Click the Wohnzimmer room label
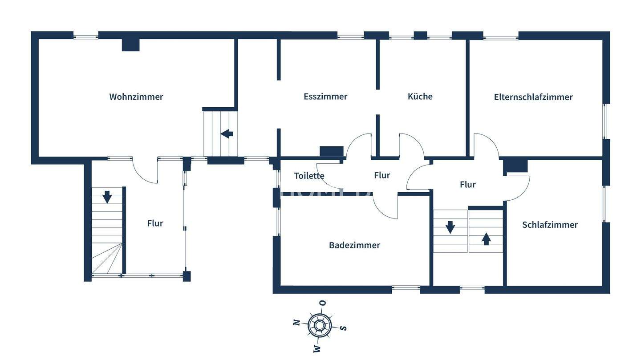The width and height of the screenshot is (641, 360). pyautogui.click(x=136, y=97)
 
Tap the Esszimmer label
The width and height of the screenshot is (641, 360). pyautogui.click(x=325, y=96)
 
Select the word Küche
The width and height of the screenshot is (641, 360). pyautogui.click(x=420, y=96)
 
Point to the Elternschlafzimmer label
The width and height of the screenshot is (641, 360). pyautogui.click(x=533, y=97)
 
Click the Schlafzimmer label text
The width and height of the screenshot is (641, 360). pyautogui.click(x=550, y=225)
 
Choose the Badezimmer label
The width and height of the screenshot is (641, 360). pyautogui.click(x=354, y=245)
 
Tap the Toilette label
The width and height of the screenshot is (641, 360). pyautogui.click(x=309, y=176)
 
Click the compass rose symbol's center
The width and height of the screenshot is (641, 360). pyautogui.click(x=320, y=325)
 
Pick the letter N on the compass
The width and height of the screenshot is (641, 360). pyautogui.click(x=296, y=322)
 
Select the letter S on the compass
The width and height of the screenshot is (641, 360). pyautogui.click(x=343, y=328)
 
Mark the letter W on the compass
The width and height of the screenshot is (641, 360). pyautogui.click(x=316, y=348)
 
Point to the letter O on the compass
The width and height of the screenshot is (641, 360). pyautogui.click(x=323, y=303)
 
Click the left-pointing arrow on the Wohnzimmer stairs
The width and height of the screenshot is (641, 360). pyautogui.click(x=227, y=133)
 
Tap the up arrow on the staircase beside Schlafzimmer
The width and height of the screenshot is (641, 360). pyautogui.click(x=486, y=239)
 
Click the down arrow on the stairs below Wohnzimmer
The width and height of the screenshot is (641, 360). pyautogui.click(x=107, y=197)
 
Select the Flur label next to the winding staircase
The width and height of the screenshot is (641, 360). pyautogui.click(x=155, y=223)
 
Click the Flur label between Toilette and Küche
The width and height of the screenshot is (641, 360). pyautogui.click(x=382, y=175)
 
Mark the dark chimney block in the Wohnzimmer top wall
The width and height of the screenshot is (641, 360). pyautogui.click(x=131, y=45)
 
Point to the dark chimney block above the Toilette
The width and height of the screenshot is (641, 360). pyautogui.click(x=332, y=151)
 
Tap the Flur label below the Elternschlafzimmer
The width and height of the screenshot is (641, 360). pyautogui.click(x=467, y=184)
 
